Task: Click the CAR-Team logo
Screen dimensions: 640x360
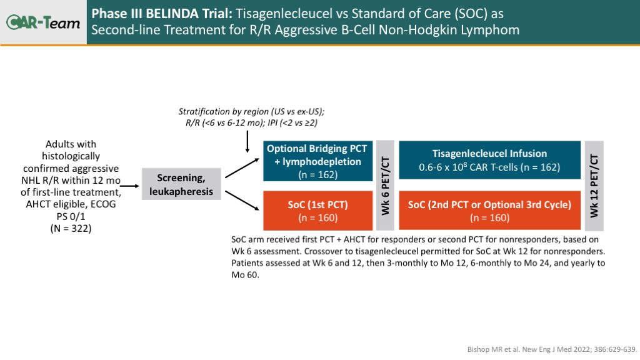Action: coord(43,22)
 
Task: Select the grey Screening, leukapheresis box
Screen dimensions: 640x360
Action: coord(181,184)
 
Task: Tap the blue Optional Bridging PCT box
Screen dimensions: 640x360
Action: coord(317,161)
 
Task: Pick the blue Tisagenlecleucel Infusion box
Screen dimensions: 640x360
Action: coord(489,160)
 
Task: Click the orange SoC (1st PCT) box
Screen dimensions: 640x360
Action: coord(317,211)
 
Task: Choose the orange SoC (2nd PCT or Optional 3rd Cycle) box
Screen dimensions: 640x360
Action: coord(489,211)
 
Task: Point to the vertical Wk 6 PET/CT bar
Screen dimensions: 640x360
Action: coord(385,186)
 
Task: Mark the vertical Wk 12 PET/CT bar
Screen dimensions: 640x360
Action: coord(594,186)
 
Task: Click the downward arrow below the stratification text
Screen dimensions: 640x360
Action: coord(247,142)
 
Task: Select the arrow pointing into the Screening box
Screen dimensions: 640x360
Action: coord(130,186)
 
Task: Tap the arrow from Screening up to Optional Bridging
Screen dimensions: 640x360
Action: coord(242,168)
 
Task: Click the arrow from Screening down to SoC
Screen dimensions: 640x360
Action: coord(242,201)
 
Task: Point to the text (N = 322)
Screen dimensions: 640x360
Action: coord(71,229)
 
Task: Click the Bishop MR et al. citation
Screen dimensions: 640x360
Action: coord(552,349)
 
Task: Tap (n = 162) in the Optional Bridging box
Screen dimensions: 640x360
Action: coord(317,175)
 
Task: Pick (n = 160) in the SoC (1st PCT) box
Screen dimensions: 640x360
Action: coord(317,218)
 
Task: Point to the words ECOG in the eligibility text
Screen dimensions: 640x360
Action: coord(104,204)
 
